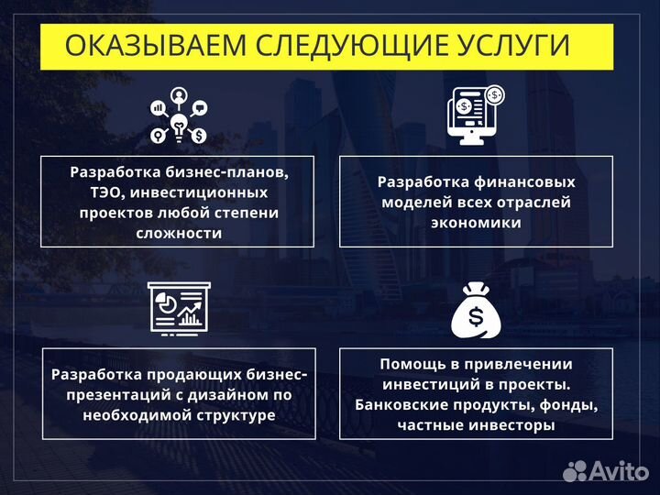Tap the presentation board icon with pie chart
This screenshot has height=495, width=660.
tap(179, 307)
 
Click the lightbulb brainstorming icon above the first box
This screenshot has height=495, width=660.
tap(179, 116)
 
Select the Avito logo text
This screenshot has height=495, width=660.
tap(619, 470)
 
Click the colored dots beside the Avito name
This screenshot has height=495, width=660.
tap(575, 470)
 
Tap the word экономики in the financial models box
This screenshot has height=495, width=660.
tap(476, 222)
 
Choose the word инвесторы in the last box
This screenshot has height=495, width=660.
tap(515, 425)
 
